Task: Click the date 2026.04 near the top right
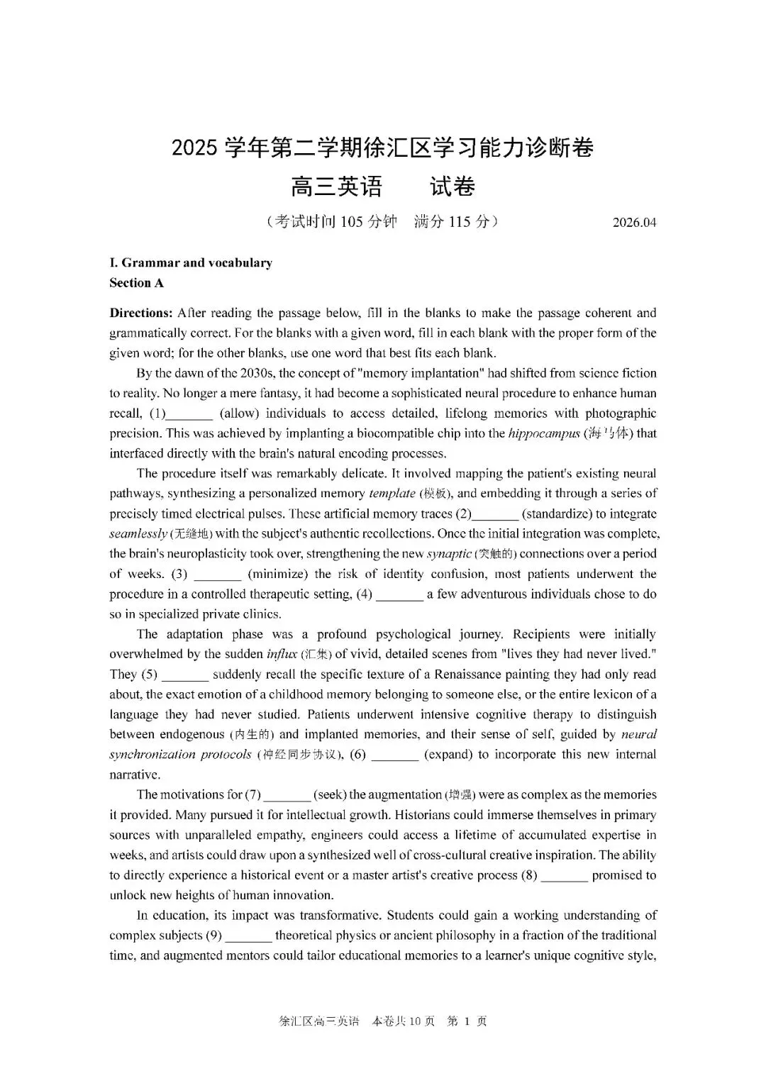(634, 223)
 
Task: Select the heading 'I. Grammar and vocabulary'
(191, 263)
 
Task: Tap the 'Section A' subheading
(136, 283)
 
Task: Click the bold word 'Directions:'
(140, 313)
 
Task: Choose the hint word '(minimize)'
(277, 574)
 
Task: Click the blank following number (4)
(399, 594)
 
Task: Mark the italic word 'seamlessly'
(138, 534)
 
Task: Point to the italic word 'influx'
(281, 655)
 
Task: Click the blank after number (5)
(184, 674)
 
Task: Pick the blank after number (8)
(564, 875)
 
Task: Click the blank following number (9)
(248, 935)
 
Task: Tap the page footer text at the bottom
(383, 1021)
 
